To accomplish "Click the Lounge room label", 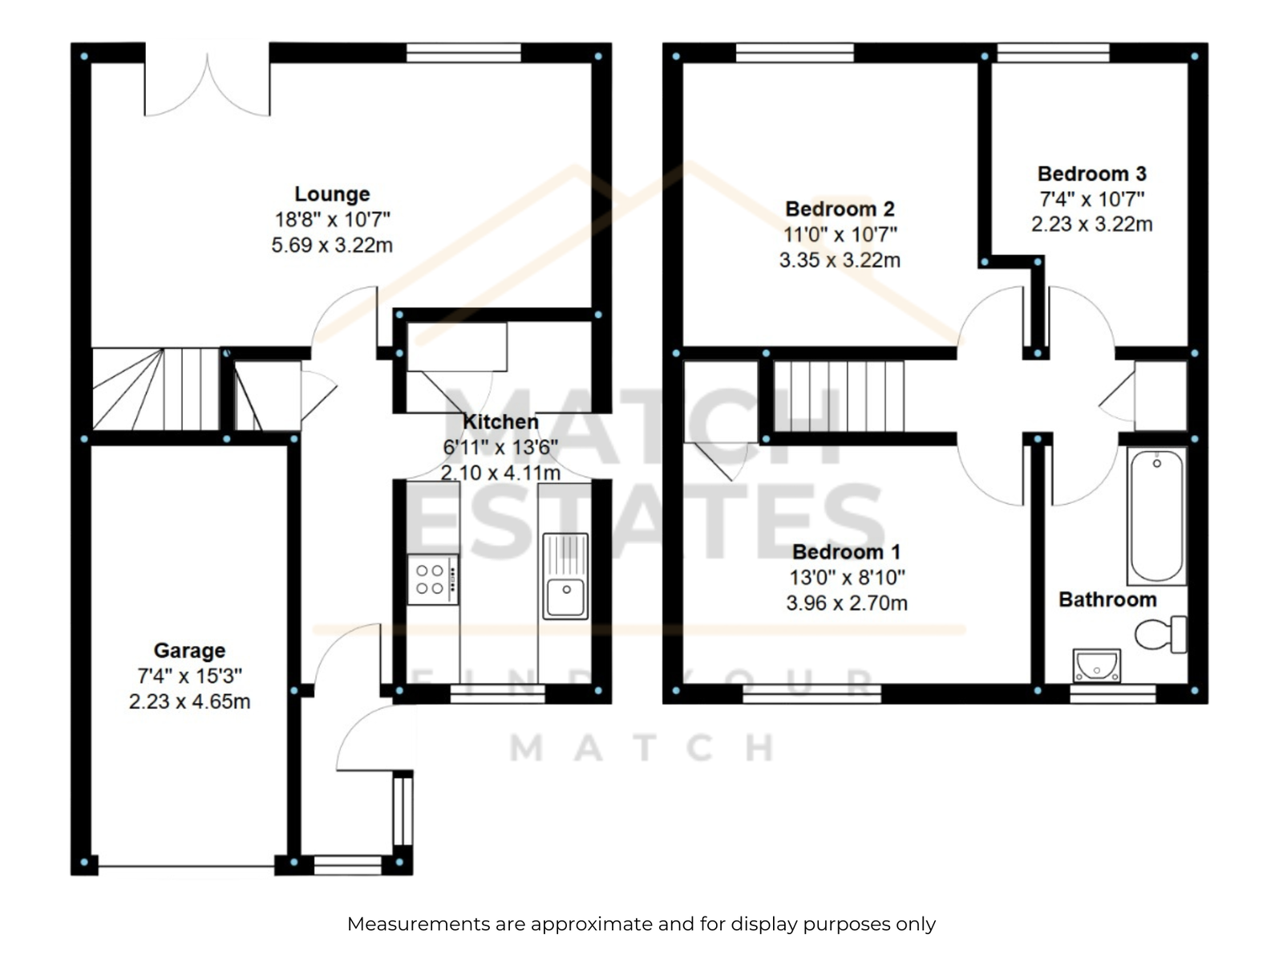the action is [332, 194].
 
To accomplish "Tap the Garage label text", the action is [189, 650].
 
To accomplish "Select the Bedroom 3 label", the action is [1091, 173].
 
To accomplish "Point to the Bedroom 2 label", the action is [840, 209].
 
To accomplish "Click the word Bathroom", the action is [1107, 599].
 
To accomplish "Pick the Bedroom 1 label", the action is [846, 551].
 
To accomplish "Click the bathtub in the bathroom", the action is [1157, 516].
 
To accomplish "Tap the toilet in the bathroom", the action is [1161, 635].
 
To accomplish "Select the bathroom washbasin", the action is [1096, 665].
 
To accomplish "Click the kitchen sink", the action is [565, 576].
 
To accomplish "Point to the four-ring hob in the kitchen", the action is [432, 579].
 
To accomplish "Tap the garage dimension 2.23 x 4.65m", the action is [189, 701].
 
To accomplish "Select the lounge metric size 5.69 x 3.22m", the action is [332, 245].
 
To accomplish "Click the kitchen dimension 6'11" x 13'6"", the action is [500, 447].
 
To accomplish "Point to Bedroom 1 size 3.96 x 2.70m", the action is [846, 602].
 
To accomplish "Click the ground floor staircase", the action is [156, 389].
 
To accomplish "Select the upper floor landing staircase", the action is [839, 396].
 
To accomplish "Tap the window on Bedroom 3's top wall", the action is [1053, 53].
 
